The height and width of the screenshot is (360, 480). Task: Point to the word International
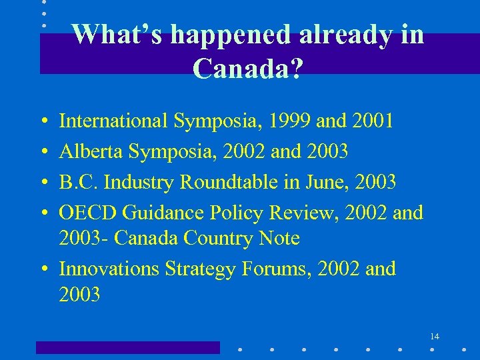coord(114,121)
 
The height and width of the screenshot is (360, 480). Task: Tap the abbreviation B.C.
coord(78,181)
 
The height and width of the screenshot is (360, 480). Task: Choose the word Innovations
coord(109,269)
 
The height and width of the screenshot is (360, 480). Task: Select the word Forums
coord(281,269)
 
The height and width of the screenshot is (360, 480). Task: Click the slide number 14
coord(435,336)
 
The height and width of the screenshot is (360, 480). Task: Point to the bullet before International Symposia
coord(43,122)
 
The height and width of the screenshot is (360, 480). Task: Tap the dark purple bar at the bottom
coord(127,347)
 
